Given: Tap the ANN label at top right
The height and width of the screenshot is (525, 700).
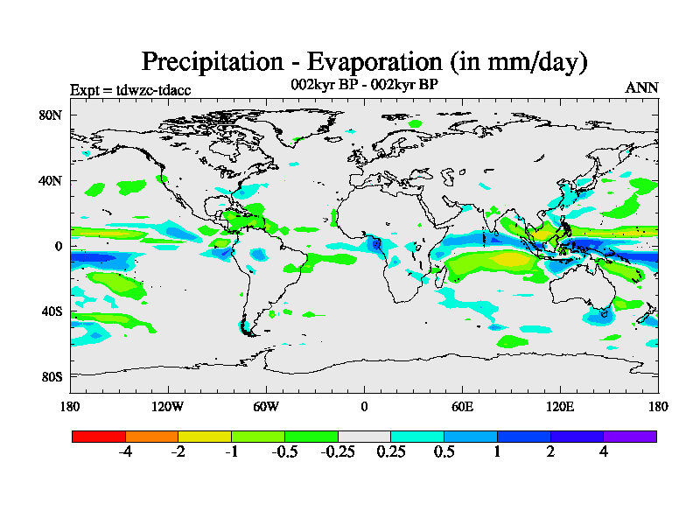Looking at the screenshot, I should coord(641,87).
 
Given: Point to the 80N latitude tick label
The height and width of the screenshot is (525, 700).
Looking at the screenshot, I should coord(49,115).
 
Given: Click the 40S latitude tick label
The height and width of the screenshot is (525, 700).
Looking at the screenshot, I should coord(50,311).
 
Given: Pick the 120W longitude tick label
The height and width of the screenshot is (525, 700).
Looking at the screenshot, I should coord(167,406).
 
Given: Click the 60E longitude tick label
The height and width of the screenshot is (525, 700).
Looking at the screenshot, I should coord(462,406).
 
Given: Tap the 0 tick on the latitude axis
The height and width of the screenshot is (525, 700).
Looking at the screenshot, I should coord(58,246).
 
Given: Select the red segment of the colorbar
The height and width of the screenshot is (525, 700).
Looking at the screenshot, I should coord(99,436).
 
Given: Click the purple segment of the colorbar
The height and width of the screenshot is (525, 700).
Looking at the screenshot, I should coord(629,436).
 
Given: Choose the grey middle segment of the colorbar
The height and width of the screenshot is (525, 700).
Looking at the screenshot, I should coord(364,436).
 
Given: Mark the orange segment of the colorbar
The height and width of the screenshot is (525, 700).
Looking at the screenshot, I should coord(151,436).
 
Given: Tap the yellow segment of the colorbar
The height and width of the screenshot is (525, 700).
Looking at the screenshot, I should coord(205,436).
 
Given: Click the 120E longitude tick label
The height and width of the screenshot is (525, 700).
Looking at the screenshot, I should coord(560,406).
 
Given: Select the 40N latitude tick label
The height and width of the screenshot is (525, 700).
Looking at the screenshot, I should coord(49,180).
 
